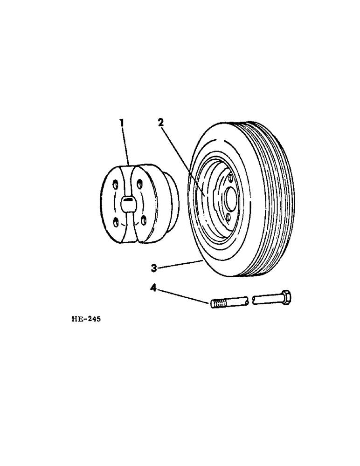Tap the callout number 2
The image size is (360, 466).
tap(160, 123)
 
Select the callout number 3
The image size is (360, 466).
tap(153, 267)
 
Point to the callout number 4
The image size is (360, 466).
tap(153, 288)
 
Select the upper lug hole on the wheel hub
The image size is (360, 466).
tap(231, 177)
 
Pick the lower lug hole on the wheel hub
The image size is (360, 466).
tap(228, 216)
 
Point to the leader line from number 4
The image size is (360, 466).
tap(182, 295)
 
